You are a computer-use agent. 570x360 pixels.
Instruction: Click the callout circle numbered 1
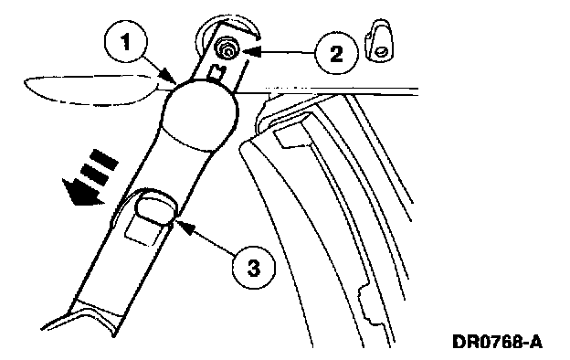tap(125, 43)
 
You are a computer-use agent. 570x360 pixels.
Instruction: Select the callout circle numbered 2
tap(336, 54)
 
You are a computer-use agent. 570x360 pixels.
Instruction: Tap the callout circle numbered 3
tap(253, 268)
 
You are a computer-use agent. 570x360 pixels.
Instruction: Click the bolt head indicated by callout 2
tap(226, 49)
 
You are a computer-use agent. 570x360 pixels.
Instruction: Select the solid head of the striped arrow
tap(79, 192)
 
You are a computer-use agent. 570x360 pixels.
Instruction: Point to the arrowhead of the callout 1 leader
tap(170, 78)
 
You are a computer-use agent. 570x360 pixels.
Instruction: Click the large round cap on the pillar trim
tap(199, 114)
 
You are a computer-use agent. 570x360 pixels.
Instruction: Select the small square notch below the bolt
tap(218, 72)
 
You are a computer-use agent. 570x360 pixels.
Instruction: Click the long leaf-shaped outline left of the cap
tap(92, 90)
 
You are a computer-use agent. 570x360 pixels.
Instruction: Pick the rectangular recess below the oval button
tap(143, 231)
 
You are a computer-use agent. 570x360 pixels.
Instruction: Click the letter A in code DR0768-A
tap(534, 342)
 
